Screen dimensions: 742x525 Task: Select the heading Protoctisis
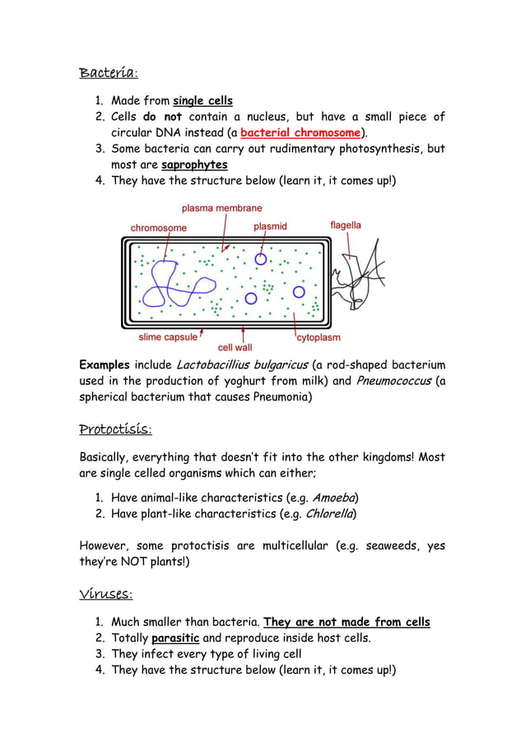pyautogui.click(x=115, y=429)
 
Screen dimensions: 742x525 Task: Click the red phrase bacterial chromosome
pyautogui.click(x=300, y=132)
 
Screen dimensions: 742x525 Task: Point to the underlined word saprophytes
pyautogui.click(x=194, y=165)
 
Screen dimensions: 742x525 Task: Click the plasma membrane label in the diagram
pyautogui.click(x=221, y=209)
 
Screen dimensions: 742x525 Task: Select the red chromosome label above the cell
pyautogui.click(x=159, y=227)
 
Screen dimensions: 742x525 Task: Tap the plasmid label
pyautogui.click(x=270, y=226)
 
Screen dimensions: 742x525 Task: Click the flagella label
pyautogui.click(x=346, y=225)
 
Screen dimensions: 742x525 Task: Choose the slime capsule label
pyautogui.click(x=168, y=336)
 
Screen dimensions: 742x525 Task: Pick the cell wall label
pyautogui.click(x=235, y=348)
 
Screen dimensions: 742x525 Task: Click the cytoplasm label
pyautogui.click(x=318, y=337)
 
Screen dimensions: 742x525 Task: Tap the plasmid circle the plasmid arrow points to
pyautogui.click(x=261, y=259)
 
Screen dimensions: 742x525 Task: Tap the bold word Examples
pyautogui.click(x=105, y=364)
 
